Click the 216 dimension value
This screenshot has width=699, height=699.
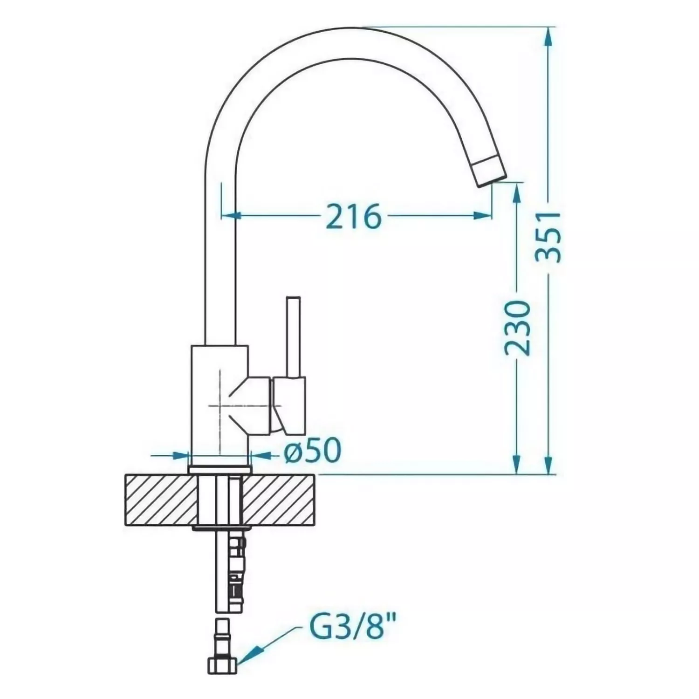click(x=354, y=217)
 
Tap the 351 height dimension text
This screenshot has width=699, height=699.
click(x=548, y=237)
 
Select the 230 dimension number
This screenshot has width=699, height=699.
click(x=517, y=328)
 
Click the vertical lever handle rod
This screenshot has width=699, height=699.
click(x=295, y=336)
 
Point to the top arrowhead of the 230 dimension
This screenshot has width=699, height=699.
click(x=517, y=193)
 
